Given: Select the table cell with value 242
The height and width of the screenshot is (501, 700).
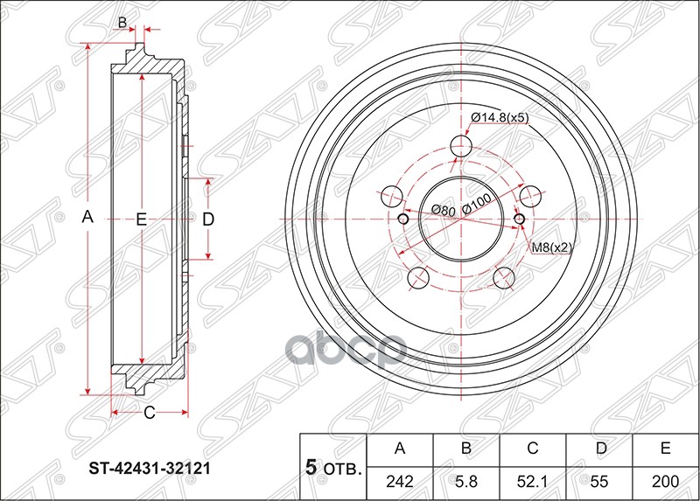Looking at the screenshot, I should click(400, 481).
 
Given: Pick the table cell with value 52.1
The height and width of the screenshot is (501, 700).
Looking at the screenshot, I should click(532, 481).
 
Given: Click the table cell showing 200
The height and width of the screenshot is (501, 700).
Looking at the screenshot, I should click(665, 481).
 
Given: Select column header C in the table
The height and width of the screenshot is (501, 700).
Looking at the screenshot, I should click(532, 449).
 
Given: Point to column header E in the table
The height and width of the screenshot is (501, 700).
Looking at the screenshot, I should click(665, 449).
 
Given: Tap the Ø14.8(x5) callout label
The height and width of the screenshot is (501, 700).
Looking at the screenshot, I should click(500, 117).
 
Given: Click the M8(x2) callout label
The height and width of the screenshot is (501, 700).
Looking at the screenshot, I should click(551, 247).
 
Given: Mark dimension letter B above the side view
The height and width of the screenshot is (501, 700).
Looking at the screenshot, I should click(123, 22).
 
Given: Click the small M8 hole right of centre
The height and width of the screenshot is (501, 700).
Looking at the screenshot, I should click(519, 219).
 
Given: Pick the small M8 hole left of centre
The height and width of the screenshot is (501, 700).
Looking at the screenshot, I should click(402, 219).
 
